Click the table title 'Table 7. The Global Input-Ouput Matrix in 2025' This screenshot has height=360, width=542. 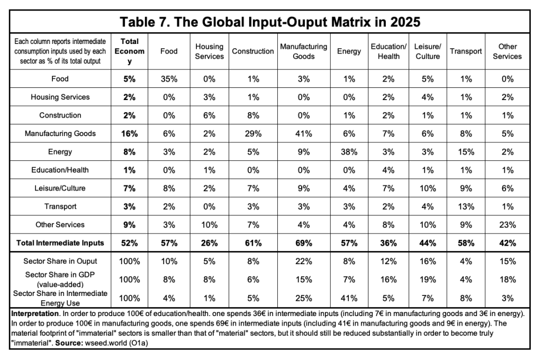(x=270, y=22)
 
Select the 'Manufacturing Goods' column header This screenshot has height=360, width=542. (x=303, y=51)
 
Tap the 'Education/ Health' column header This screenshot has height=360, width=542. (x=389, y=51)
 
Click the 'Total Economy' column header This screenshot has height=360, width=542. (x=129, y=51)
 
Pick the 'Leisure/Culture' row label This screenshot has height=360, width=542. (x=60, y=188)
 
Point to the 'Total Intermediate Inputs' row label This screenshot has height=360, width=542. (x=60, y=243)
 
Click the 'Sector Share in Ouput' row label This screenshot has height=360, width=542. (x=60, y=261)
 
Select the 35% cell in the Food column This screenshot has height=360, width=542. (x=169, y=79)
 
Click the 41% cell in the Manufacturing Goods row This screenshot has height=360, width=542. (x=303, y=133)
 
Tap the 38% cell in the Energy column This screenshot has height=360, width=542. (x=349, y=152)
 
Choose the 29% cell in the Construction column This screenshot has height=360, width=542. (x=253, y=133)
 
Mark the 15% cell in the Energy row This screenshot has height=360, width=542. (x=466, y=152)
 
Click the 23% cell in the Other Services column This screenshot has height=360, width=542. (x=508, y=225)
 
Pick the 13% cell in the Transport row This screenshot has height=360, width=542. (x=466, y=206)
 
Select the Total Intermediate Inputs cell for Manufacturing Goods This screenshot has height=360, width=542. (x=303, y=243)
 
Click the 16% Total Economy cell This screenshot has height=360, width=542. (x=129, y=133)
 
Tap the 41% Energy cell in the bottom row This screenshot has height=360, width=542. (x=349, y=298)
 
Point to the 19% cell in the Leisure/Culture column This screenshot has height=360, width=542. (x=428, y=280)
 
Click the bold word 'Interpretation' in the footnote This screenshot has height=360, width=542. (x=34, y=313)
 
